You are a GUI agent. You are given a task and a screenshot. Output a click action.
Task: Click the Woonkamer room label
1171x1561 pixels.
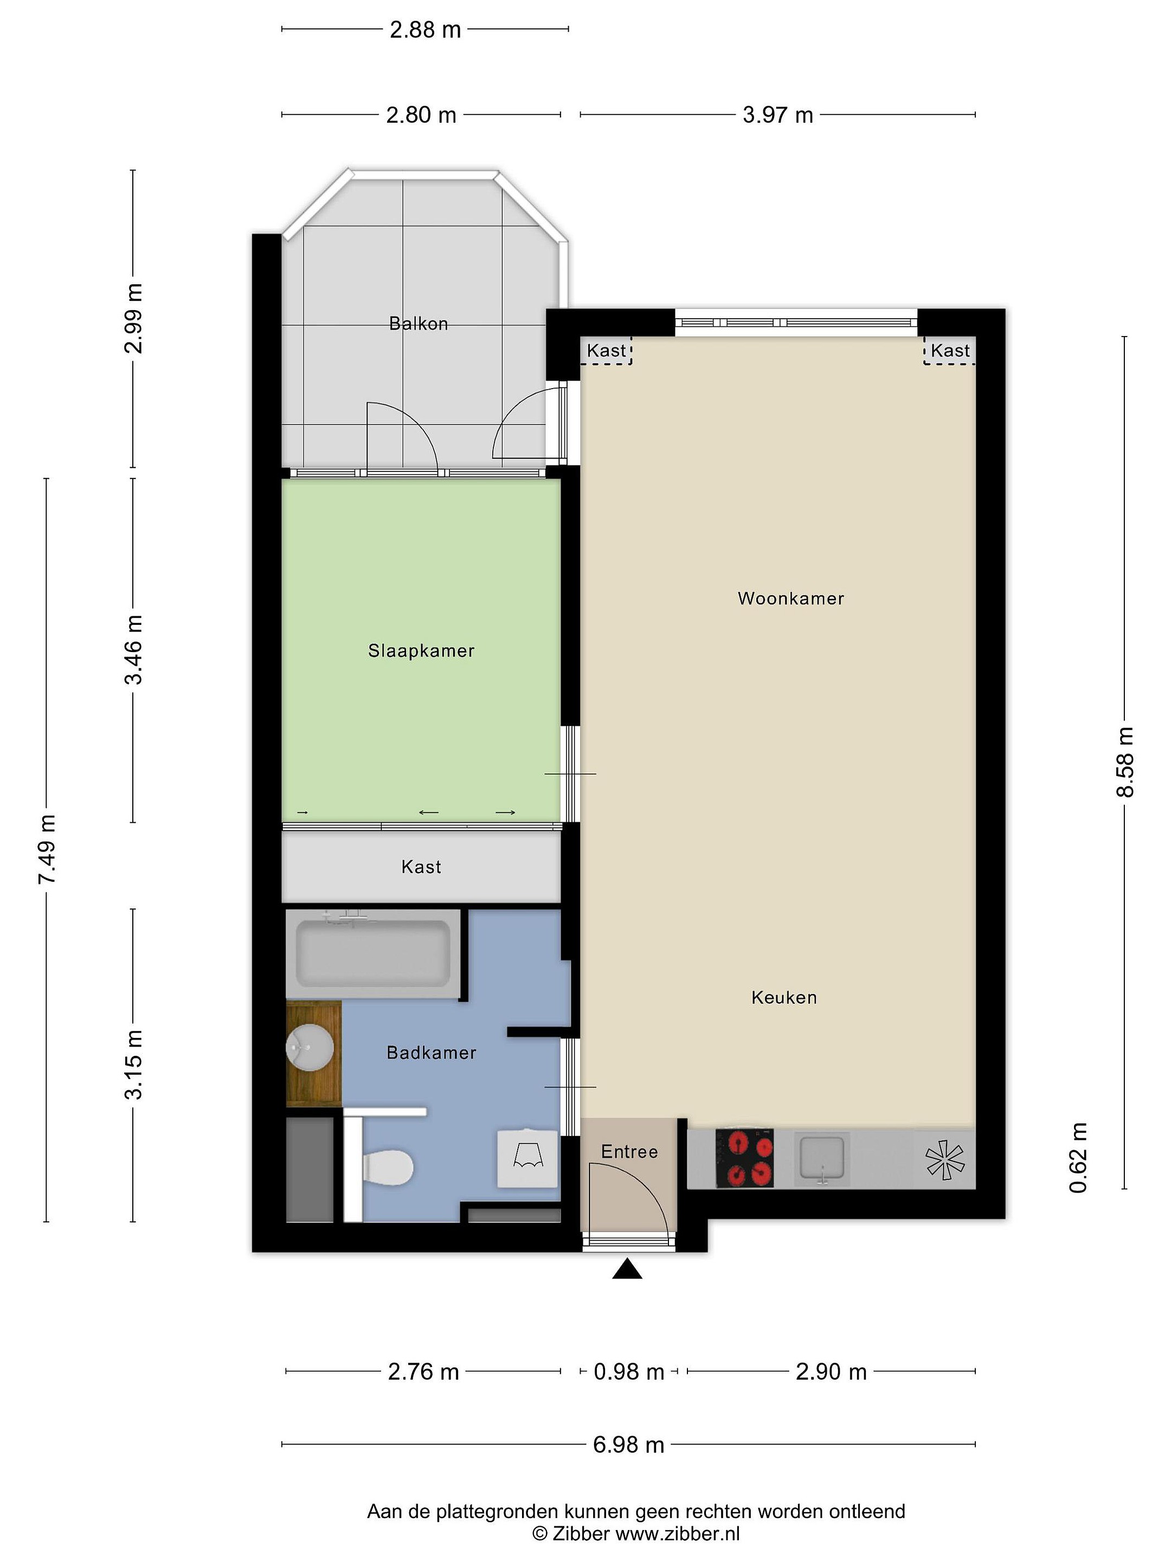[x=790, y=598]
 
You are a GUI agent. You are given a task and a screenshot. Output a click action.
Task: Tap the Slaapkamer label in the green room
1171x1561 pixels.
[x=421, y=650]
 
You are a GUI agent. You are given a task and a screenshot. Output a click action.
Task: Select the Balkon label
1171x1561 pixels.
[x=419, y=324]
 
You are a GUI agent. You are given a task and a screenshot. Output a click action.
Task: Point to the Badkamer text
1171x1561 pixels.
[x=432, y=1053]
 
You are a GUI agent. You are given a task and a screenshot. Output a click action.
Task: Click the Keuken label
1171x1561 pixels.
[x=784, y=998]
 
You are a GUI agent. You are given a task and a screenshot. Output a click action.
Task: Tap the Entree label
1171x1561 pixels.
[x=629, y=1152]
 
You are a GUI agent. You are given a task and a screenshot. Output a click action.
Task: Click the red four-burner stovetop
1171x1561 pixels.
[x=745, y=1158]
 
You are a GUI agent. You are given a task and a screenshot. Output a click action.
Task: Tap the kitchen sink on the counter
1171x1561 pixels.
[x=822, y=1158]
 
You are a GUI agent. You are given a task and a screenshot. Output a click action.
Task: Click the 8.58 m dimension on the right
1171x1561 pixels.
[x=1124, y=762]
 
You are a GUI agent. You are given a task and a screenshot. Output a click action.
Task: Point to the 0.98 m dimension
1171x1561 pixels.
[x=629, y=1371]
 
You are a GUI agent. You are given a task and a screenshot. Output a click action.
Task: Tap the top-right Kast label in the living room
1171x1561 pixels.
[x=950, y=351]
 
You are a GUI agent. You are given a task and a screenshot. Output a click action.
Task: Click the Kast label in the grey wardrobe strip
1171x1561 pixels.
[x=421, y=867]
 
